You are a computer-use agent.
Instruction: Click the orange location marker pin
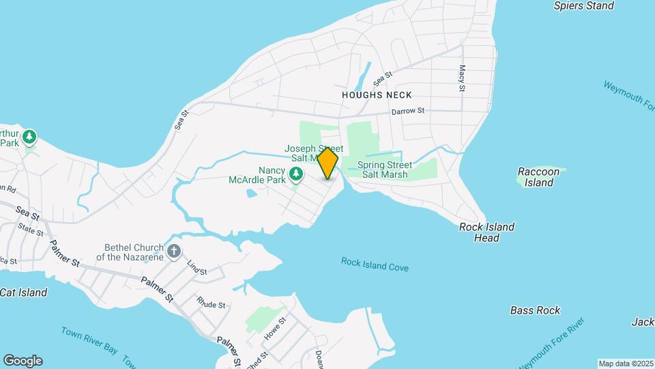(327, 164)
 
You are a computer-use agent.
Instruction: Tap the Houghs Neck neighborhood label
(377, 95)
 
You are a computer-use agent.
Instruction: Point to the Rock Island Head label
(486, 232)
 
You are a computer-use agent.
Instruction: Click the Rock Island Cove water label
(375, 264)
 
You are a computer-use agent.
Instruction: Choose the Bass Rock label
(535, 310)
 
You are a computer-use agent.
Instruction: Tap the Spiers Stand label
(583, 6)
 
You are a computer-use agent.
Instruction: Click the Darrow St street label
(407, 111)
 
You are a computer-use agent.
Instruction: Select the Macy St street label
(462, 79)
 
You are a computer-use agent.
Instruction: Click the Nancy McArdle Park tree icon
(296, 176)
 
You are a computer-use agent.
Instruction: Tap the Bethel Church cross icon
(174, 251)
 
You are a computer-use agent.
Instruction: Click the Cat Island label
(24, 292)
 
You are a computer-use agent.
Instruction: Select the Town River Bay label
(89, 340)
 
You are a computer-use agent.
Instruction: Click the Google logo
(23, 361)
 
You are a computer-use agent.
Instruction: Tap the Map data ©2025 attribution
(626, 364)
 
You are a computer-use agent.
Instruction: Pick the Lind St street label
(196, 268)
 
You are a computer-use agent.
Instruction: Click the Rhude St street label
(210, 302)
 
